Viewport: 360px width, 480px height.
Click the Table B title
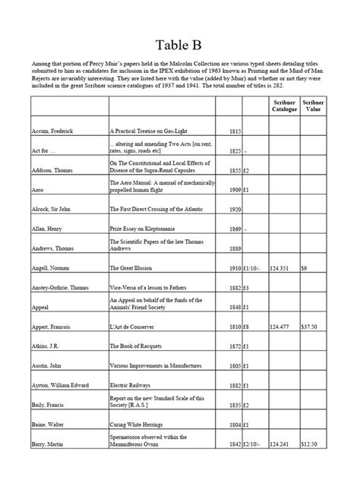179,42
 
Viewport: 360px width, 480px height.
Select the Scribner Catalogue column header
285,106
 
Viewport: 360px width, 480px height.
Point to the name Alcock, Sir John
55,209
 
